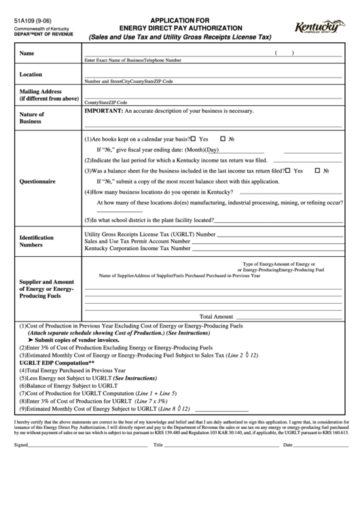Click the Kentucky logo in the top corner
pyautogui.click(x=317, y=28)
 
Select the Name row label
pyautogui.click(x=27, y=54)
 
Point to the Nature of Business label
pyautogui.click(x=32, y=118)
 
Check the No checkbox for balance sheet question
pyautogui.click(x=318, y=171)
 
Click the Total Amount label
pyautogui.click(x=216, y=316)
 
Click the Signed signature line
pyautogui.click(x=88, y=445)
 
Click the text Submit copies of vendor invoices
pyautogui.click(x=71, y=340)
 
